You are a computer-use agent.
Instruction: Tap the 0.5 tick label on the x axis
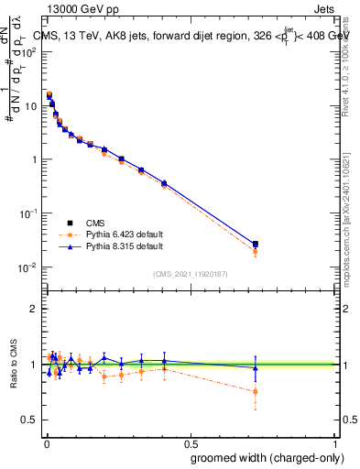point(191,443)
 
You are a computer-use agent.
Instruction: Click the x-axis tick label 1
point(335,443)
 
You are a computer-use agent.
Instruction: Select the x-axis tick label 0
point(45,443)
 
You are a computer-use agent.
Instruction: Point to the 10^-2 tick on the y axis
point(31,267)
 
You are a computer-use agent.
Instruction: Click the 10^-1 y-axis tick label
point(31,213)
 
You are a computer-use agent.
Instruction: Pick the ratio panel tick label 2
point(35,309)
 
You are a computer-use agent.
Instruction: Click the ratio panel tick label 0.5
point(31,420)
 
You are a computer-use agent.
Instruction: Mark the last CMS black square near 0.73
point(255,245)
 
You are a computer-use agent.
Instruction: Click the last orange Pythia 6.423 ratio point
point(255,391)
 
